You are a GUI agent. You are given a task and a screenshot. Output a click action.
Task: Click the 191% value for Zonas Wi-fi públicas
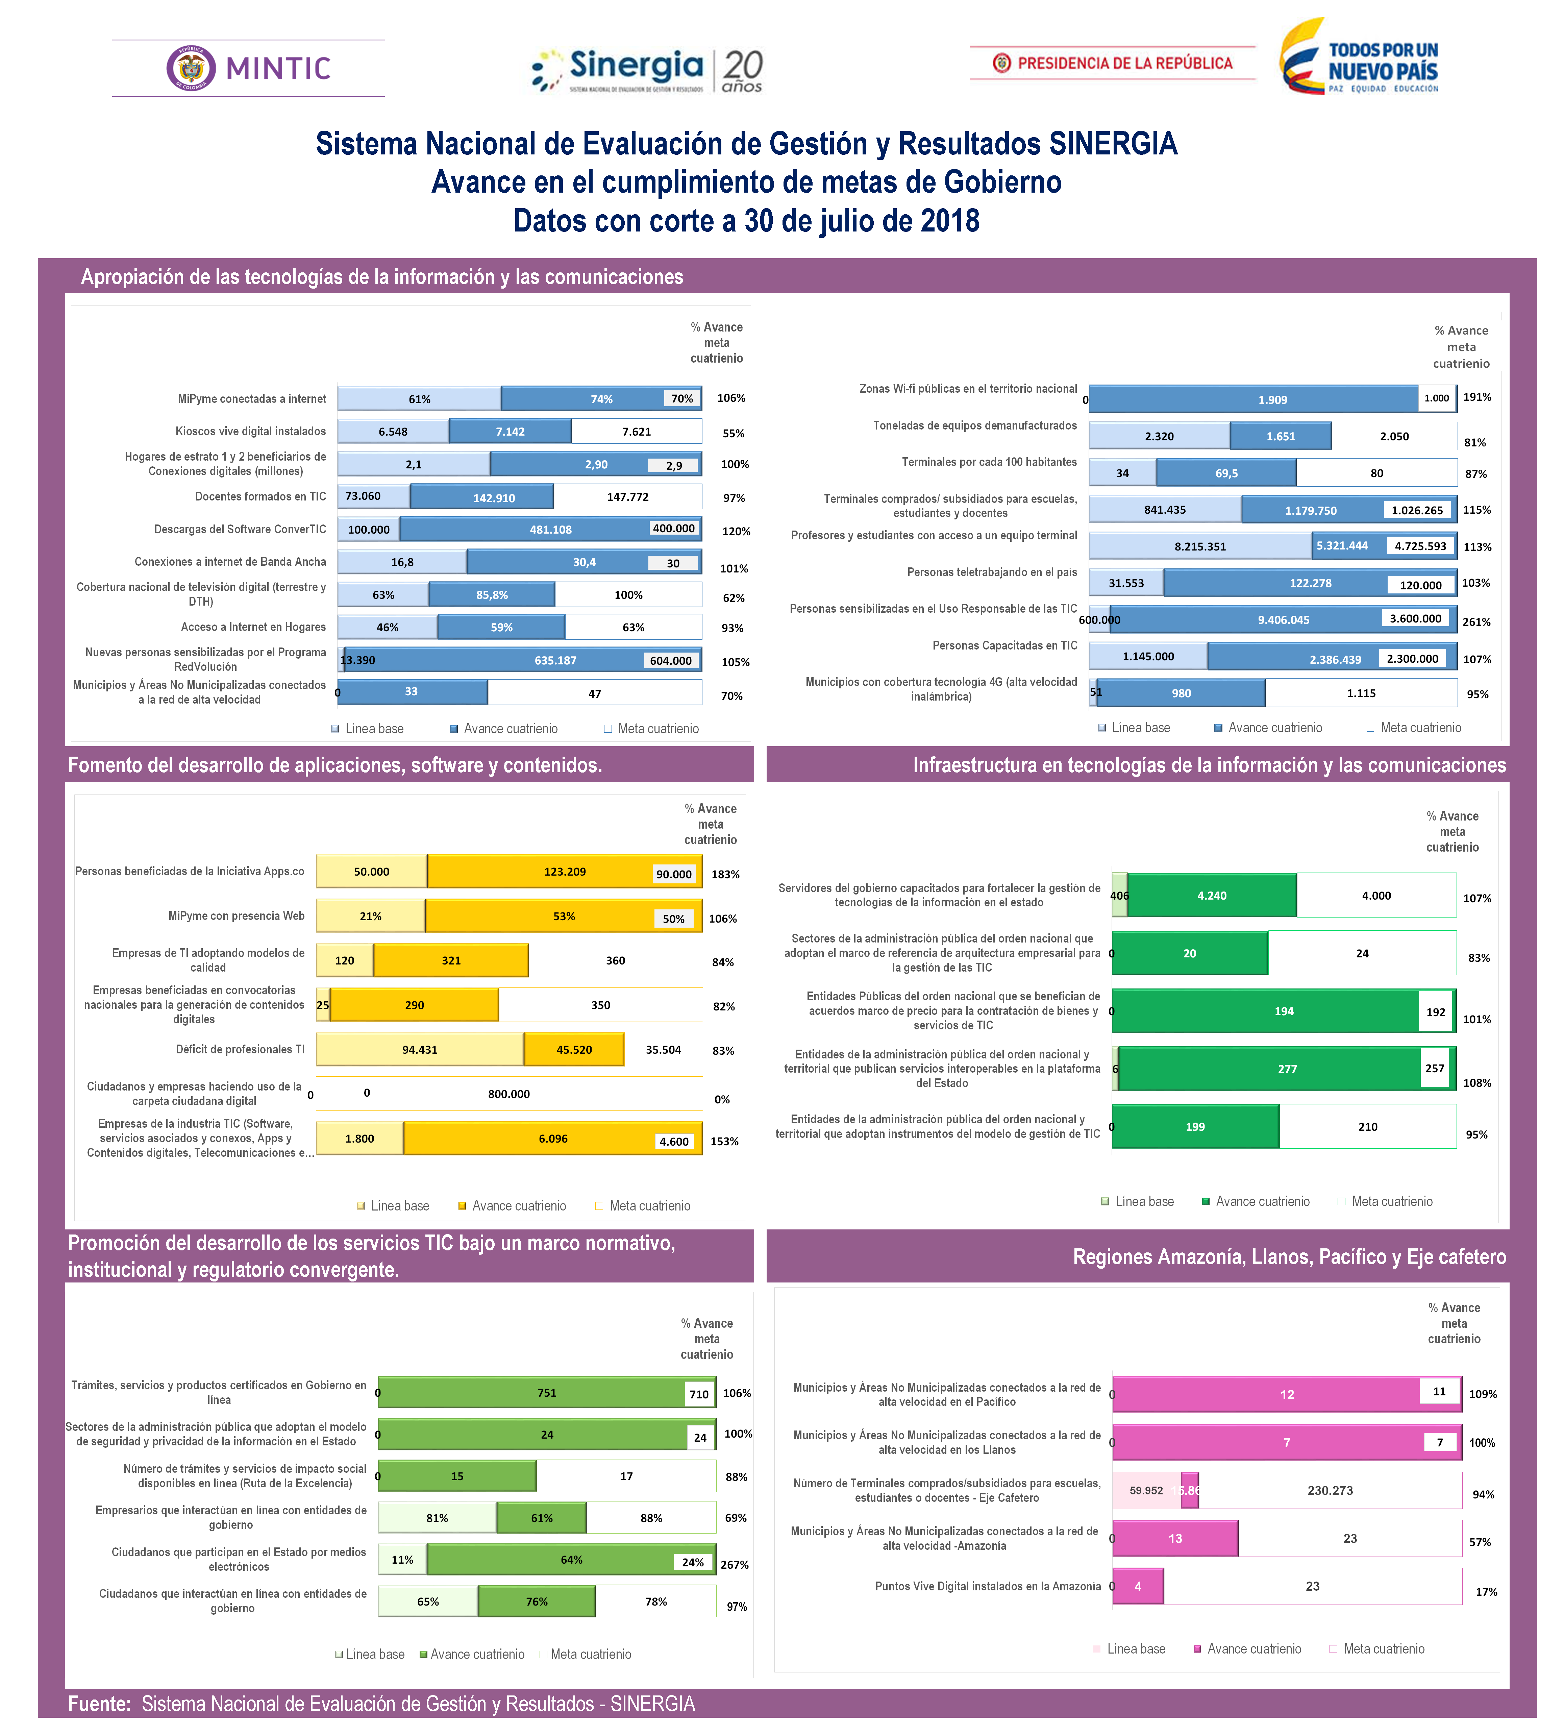pos(1477,397)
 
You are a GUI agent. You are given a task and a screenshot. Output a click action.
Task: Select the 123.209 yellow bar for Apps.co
pos(565,872)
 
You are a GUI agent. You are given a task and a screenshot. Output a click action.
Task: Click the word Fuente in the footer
pos(99,1703)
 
